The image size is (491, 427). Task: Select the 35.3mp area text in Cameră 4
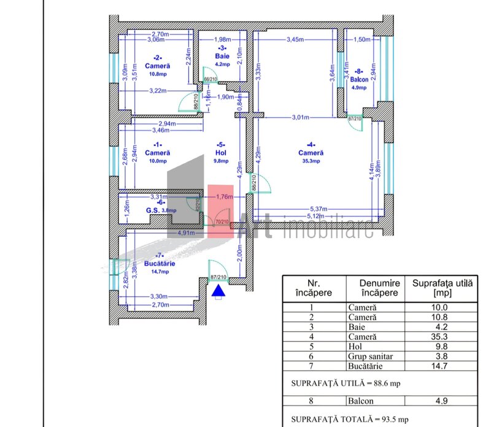click(x=311, y=161)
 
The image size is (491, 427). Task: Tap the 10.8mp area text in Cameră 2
click(x=158, y=74)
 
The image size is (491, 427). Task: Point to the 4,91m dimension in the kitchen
click(x=187, y=234)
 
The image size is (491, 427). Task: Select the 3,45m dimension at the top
click(x=296, y=40)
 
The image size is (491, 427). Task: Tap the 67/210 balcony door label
click(x=355, y=118)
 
